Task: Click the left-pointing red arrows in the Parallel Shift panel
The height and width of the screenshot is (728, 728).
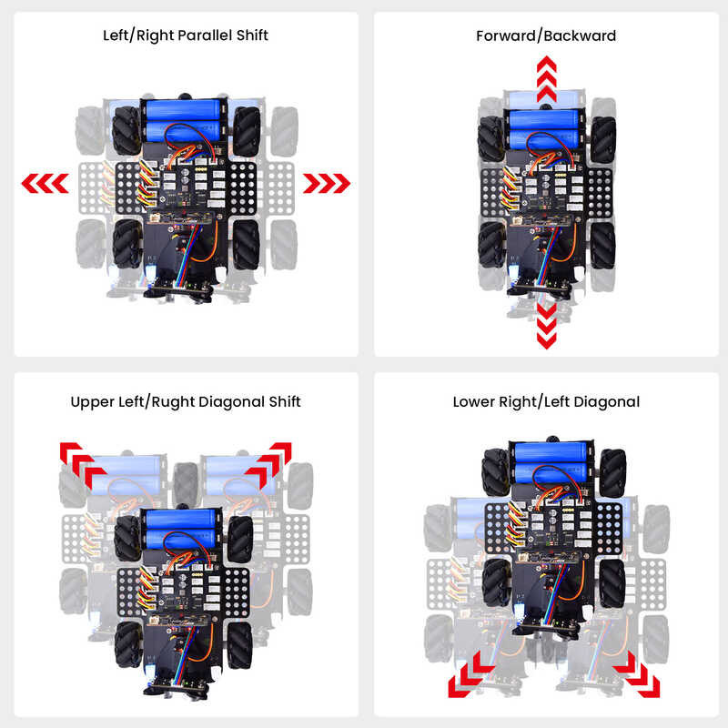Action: tap(45, 184)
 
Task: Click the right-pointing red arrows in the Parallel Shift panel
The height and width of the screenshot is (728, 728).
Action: tap(327, 184)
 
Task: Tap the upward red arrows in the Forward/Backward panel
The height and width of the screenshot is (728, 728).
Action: tap(547, 79)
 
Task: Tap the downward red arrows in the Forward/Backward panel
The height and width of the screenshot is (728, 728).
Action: tap(547, 326)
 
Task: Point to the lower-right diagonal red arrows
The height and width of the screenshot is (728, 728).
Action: tap(636, 674)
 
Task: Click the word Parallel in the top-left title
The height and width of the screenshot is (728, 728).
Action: tap(205, 35)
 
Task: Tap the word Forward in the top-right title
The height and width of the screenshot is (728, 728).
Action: tap(506, 35)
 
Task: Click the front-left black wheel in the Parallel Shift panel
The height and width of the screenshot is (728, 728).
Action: tap(126, 130)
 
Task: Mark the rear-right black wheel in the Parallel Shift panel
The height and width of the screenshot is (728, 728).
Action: tap(246, 245)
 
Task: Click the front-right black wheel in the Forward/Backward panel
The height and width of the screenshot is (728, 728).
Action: tap(603, 140)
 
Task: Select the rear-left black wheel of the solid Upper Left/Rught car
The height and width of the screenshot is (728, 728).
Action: tap(128, 644)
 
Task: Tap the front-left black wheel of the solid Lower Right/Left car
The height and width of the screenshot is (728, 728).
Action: tap(496, 472)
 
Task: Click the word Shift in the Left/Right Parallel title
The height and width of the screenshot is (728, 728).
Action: tap(252, 35)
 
